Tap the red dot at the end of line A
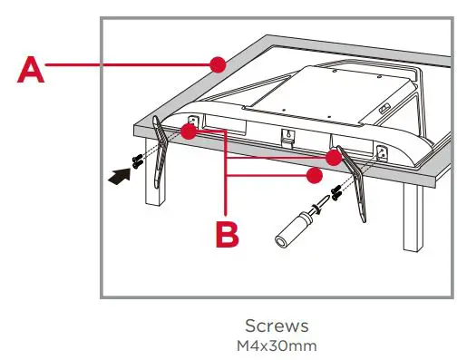pos(216,64)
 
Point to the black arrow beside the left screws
pos(119,177)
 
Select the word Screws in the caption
pos(277,325)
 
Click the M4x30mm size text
pos(277,345)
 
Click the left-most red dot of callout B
pos(188,132)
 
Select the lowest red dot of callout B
pos(315,172)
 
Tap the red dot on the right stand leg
pos(334,157)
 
